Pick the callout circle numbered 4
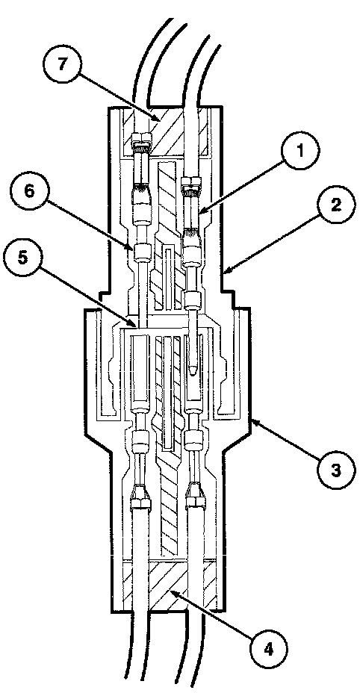(x=268, y=649)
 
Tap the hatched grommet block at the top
(x=168, y=131)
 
